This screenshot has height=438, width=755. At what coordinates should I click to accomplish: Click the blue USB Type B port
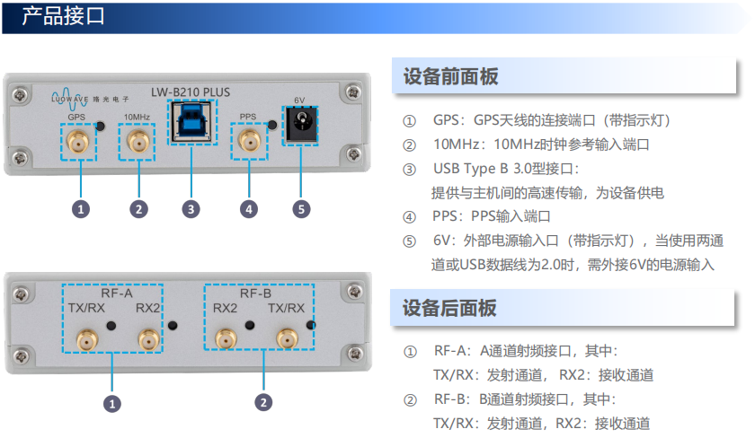[192, 122]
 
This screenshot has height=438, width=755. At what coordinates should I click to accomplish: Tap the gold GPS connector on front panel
[78, 142]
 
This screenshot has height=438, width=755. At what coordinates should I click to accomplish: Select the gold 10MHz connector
[138, 142]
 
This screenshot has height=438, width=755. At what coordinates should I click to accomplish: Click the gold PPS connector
[250, 141]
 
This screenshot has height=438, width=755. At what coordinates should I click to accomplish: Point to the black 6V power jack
[301, 124]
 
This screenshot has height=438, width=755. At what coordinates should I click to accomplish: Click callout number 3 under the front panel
[191, 209]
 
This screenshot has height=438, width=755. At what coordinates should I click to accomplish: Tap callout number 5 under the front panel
[301, 209]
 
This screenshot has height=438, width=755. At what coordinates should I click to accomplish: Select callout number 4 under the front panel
[249, 209]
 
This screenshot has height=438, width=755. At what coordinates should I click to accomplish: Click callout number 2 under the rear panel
[263, 402]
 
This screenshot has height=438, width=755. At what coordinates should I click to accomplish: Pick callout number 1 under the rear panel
[112, 403]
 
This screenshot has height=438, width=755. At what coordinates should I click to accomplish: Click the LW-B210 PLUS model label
[191, 92]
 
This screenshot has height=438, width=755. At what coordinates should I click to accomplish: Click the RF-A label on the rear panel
[117, 293]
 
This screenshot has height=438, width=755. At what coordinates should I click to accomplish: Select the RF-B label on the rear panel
[255, 293]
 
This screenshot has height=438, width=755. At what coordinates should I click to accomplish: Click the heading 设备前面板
[450, 76]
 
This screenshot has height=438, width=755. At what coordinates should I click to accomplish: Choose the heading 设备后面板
[449, 308]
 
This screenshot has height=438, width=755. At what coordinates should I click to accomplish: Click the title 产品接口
[64, 16]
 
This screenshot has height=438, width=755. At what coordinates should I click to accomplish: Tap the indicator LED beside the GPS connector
[100, 126]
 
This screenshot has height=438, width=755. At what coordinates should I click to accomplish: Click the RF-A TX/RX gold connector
[88, 339]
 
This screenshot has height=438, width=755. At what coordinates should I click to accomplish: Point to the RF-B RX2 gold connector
[226, 338]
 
